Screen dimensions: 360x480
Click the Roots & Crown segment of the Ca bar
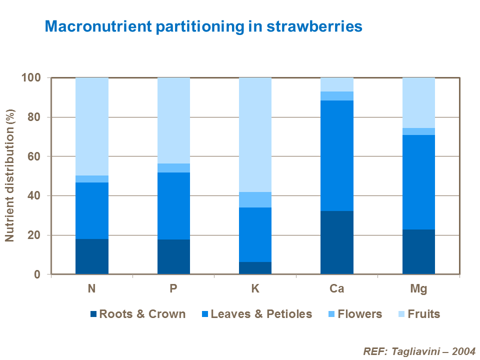(337, 242)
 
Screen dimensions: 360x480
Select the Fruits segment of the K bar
(255, 134)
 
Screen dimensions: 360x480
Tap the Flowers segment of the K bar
(255, 199)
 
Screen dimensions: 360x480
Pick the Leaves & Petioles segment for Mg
(418, 182)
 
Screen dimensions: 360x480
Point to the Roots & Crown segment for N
(92, 256)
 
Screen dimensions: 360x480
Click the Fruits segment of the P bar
(173, 120)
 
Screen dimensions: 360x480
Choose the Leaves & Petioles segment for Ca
(337, 155)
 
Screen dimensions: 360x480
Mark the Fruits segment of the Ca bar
(337, 84)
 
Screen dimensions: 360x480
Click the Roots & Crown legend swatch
(93, 314)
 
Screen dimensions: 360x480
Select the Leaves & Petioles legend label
(261, 314)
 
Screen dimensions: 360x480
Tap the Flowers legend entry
(359, 314)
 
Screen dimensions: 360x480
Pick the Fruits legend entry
(423, 314)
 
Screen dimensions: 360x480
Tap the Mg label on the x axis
(418, 289)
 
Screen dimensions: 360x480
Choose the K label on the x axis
(255, 289)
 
